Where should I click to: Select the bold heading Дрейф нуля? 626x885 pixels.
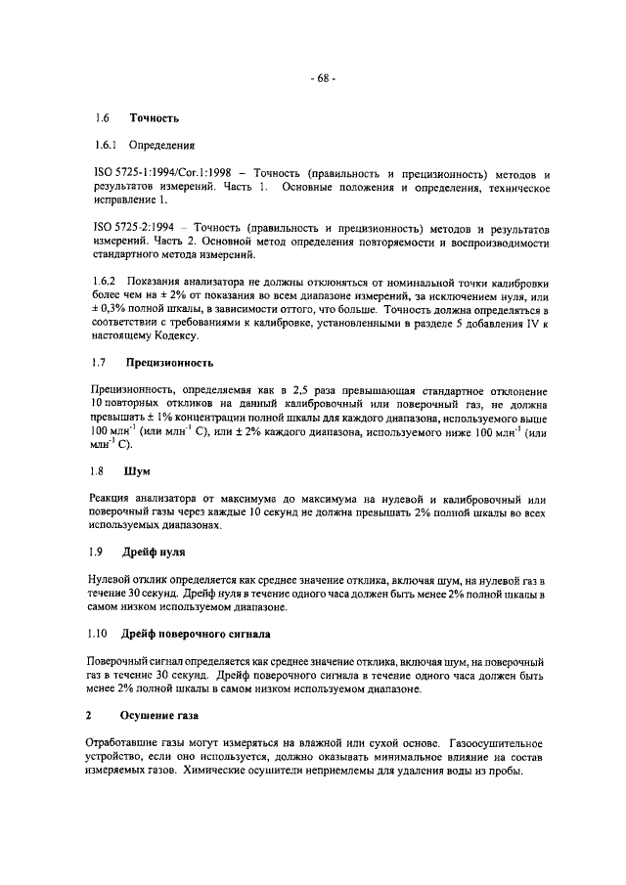[156, 553]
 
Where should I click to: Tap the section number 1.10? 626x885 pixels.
[100, 633]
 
